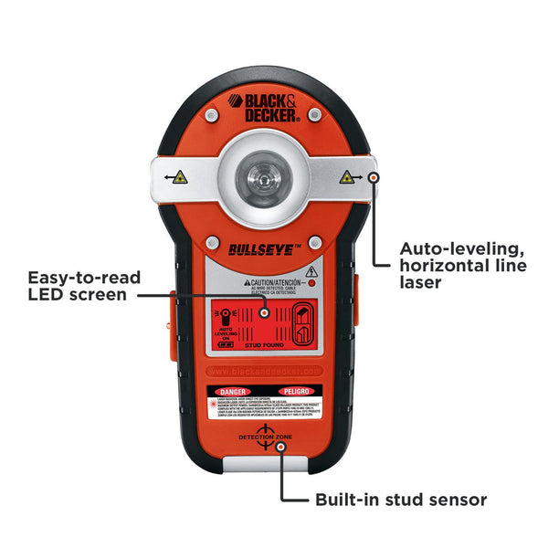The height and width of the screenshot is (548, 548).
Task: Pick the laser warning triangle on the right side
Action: coord(347,178)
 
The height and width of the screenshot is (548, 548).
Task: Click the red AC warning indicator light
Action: coord(311,284)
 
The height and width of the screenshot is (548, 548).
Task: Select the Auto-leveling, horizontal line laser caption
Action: coord(461,265)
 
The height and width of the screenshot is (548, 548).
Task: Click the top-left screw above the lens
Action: coord(211,116)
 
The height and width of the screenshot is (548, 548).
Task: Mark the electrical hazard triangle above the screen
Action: coord(311,271)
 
